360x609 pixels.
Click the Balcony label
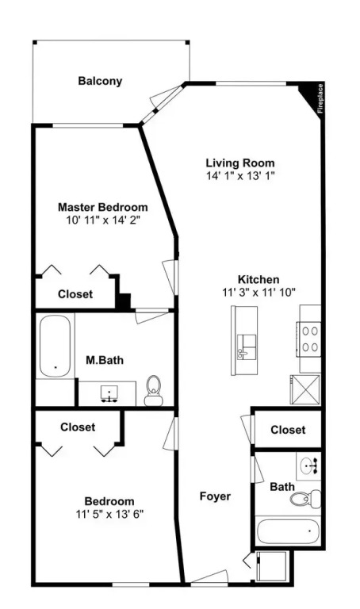pos(100,81)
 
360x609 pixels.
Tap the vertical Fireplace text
pos(320,98)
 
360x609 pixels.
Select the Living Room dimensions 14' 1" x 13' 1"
pos(240,175)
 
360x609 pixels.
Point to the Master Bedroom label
pos(103,207)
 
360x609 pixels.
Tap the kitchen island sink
pos(247,347)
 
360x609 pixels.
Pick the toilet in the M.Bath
pos(153,391)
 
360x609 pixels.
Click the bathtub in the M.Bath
pos(56,346)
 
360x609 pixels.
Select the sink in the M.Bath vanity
pos(109,393)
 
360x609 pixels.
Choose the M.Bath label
pos(105,360)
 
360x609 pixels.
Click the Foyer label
pos(215,496)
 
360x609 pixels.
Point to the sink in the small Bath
pos(309,465)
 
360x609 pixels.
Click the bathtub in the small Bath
pos(288,531)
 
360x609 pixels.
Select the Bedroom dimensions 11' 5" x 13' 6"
pos(110,514)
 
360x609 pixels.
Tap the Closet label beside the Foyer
pos(288,430)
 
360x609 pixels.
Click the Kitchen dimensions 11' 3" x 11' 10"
pos(259,292)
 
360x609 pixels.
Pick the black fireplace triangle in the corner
pos(310,95)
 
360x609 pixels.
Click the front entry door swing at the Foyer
pos(209,576)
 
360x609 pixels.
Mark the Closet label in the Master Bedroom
pos(75,294)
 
